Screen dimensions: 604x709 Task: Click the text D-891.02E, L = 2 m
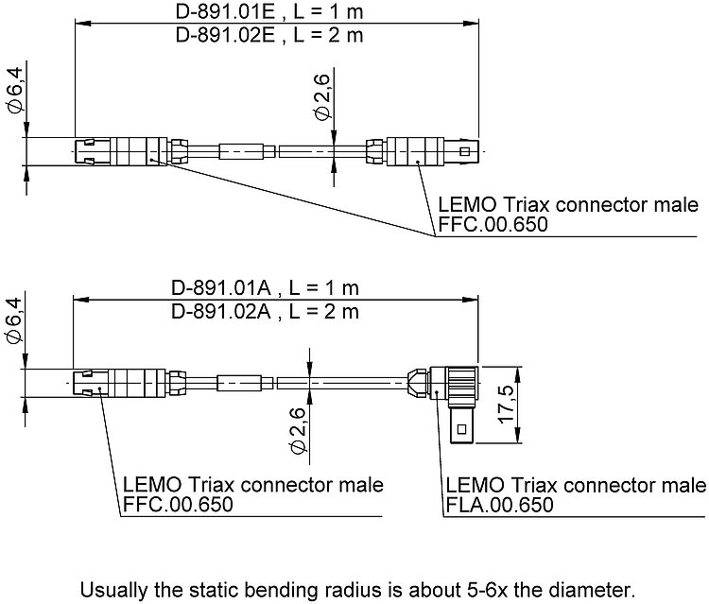tap(269, 36)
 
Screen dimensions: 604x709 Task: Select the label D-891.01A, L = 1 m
tap(266, 287)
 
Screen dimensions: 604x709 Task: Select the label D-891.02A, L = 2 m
tap(266, 310)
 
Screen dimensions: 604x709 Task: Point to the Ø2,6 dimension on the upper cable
tap(321, 101)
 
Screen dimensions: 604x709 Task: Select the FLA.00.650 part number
tap(499, 505)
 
